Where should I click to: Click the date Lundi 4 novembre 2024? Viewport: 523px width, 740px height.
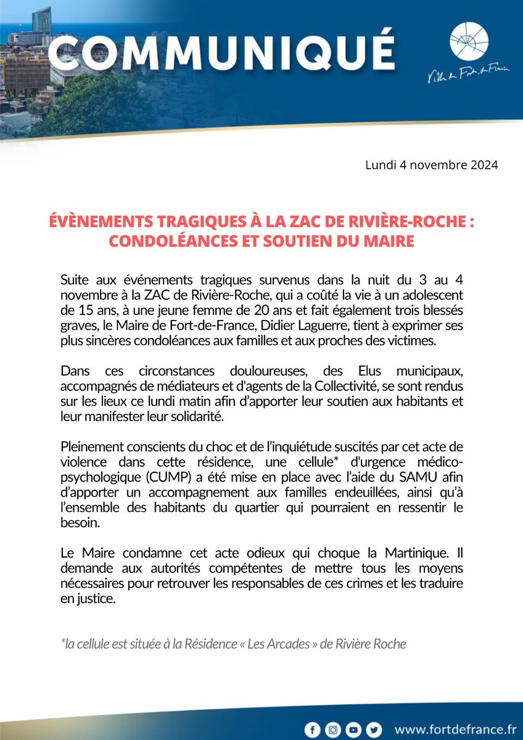point(432,166)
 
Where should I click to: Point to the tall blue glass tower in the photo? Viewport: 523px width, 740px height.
point(43,18)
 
